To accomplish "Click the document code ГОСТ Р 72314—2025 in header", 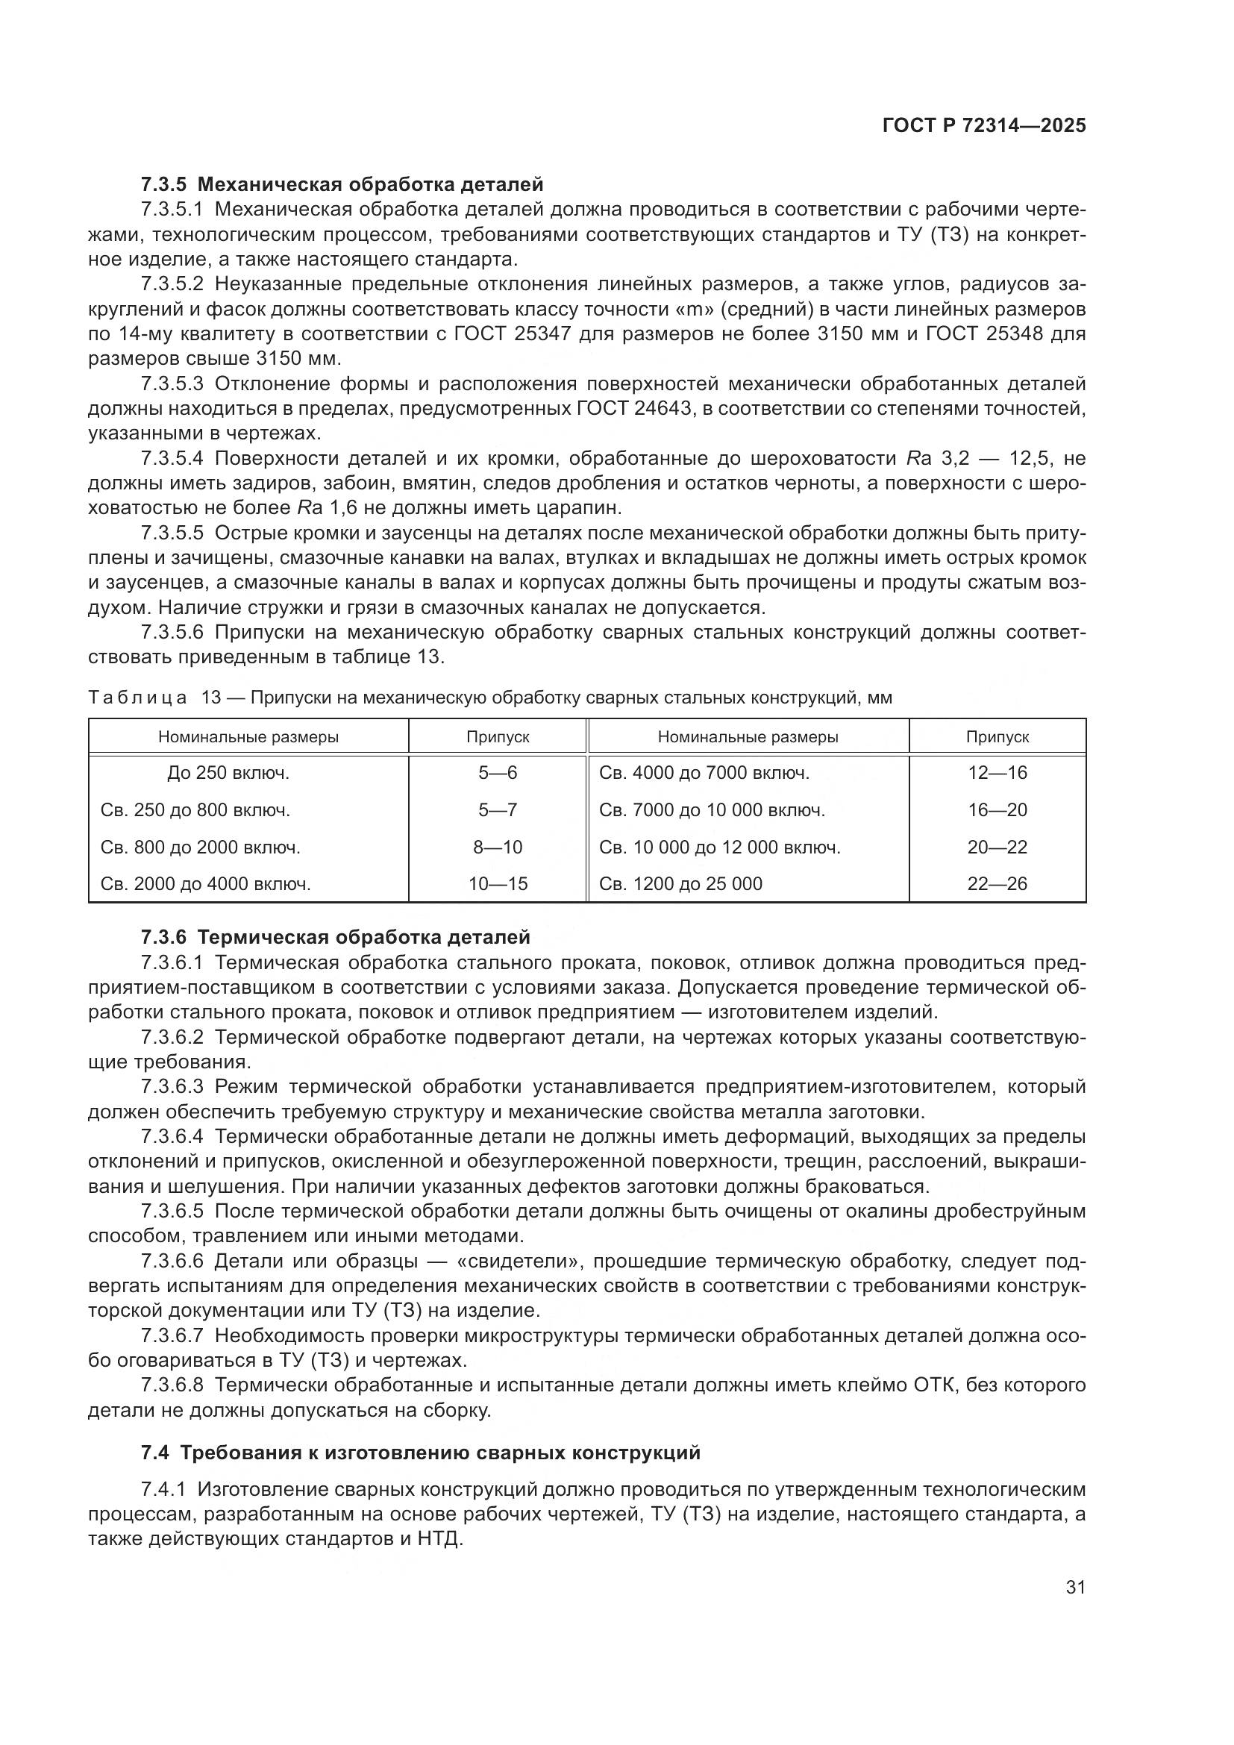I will point(984,126).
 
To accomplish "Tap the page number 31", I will point(1075,1587).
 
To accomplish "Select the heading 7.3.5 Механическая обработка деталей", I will point(342,184).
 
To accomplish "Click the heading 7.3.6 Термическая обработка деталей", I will point(335,937).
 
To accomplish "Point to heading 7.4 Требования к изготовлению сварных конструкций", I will point(420,1453).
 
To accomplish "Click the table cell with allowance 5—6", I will point(498,773).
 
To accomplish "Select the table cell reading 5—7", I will point(498,810).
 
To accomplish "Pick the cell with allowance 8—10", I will point(498,847).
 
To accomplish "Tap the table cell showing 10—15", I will point(498,884).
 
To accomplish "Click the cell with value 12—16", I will point(997,773).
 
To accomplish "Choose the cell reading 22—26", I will point(997,884).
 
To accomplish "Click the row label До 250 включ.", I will point(229,773).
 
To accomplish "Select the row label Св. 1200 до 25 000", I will point(680,884).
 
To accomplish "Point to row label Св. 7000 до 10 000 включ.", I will point(712,810).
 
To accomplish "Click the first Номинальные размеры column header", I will point(248,736).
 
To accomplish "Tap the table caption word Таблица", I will point(137,698).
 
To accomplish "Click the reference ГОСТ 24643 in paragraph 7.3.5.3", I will point(630,409).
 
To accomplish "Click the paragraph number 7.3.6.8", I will point(172,1385).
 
